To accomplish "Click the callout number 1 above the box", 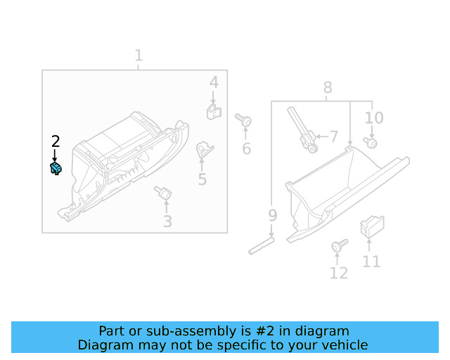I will point(139,55).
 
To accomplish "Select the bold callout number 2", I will point(56,141).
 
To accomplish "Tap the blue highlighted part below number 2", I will point(56,169).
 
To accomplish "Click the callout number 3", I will point(167,221).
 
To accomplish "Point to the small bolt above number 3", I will point(164,192).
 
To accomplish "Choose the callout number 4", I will point(214,83).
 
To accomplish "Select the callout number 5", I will point(202,179).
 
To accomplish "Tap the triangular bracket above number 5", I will point(205,148).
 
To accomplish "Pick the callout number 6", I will point(246,148).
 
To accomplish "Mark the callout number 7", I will point(333,136).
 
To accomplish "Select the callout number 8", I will point(328,88).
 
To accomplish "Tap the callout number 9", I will point(272,214).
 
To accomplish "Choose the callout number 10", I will point(374,117).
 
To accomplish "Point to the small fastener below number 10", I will point(371,143).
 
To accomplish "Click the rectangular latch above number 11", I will point(370,226).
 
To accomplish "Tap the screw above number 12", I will point(338,245).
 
